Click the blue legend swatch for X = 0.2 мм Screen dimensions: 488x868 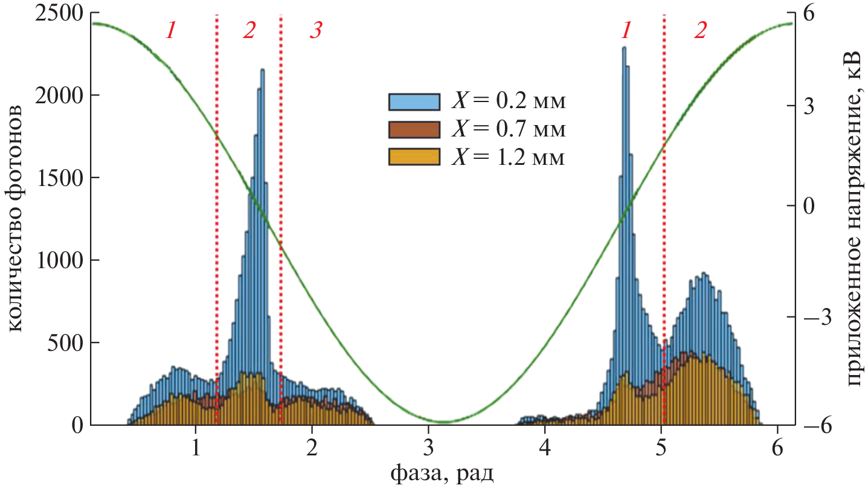[x=413, y=101]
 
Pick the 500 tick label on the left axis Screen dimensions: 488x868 [x=67, y=343]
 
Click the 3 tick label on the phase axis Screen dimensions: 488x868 [x=428, y=449]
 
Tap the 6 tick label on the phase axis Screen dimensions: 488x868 [x=777, y=449]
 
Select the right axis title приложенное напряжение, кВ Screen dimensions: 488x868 [x=852, y=219]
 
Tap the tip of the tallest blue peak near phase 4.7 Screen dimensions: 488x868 [x=624, y=48]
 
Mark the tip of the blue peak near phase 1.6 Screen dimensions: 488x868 [x=262, y=70]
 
